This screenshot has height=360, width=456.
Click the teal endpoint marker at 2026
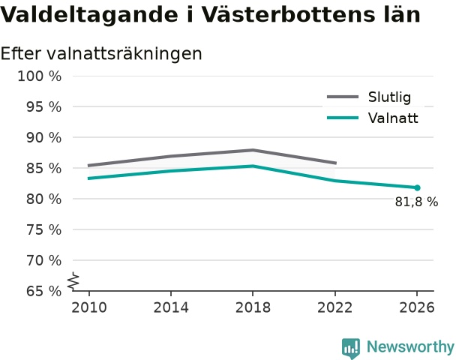pos(417,187)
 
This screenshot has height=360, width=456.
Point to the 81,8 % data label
pos(416,202)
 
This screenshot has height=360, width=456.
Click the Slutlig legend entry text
pos(389,97)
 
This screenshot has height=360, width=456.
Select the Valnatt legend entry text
pos(393,118)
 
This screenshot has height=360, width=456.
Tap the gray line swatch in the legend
pos(343,97)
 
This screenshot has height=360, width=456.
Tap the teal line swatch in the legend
pos(343,118)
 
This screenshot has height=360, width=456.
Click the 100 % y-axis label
pos(40,76)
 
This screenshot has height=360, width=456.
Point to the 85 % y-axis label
pos(44,168)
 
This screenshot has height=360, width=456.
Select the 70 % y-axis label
pos(44,260)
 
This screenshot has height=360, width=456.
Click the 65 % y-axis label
pos(44,291)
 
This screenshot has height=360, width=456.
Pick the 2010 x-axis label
pos(89,307)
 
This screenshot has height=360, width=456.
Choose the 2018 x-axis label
pos(253,307)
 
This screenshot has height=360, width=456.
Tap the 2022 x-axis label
pos(334,307)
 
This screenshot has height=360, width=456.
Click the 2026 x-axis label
pos(417,307)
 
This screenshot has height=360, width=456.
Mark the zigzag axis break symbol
pos(73,281)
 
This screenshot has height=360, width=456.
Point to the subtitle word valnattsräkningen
pos(124,54)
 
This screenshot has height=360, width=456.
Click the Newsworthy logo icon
pos(351,348)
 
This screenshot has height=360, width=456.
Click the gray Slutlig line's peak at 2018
pos(253,150)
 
